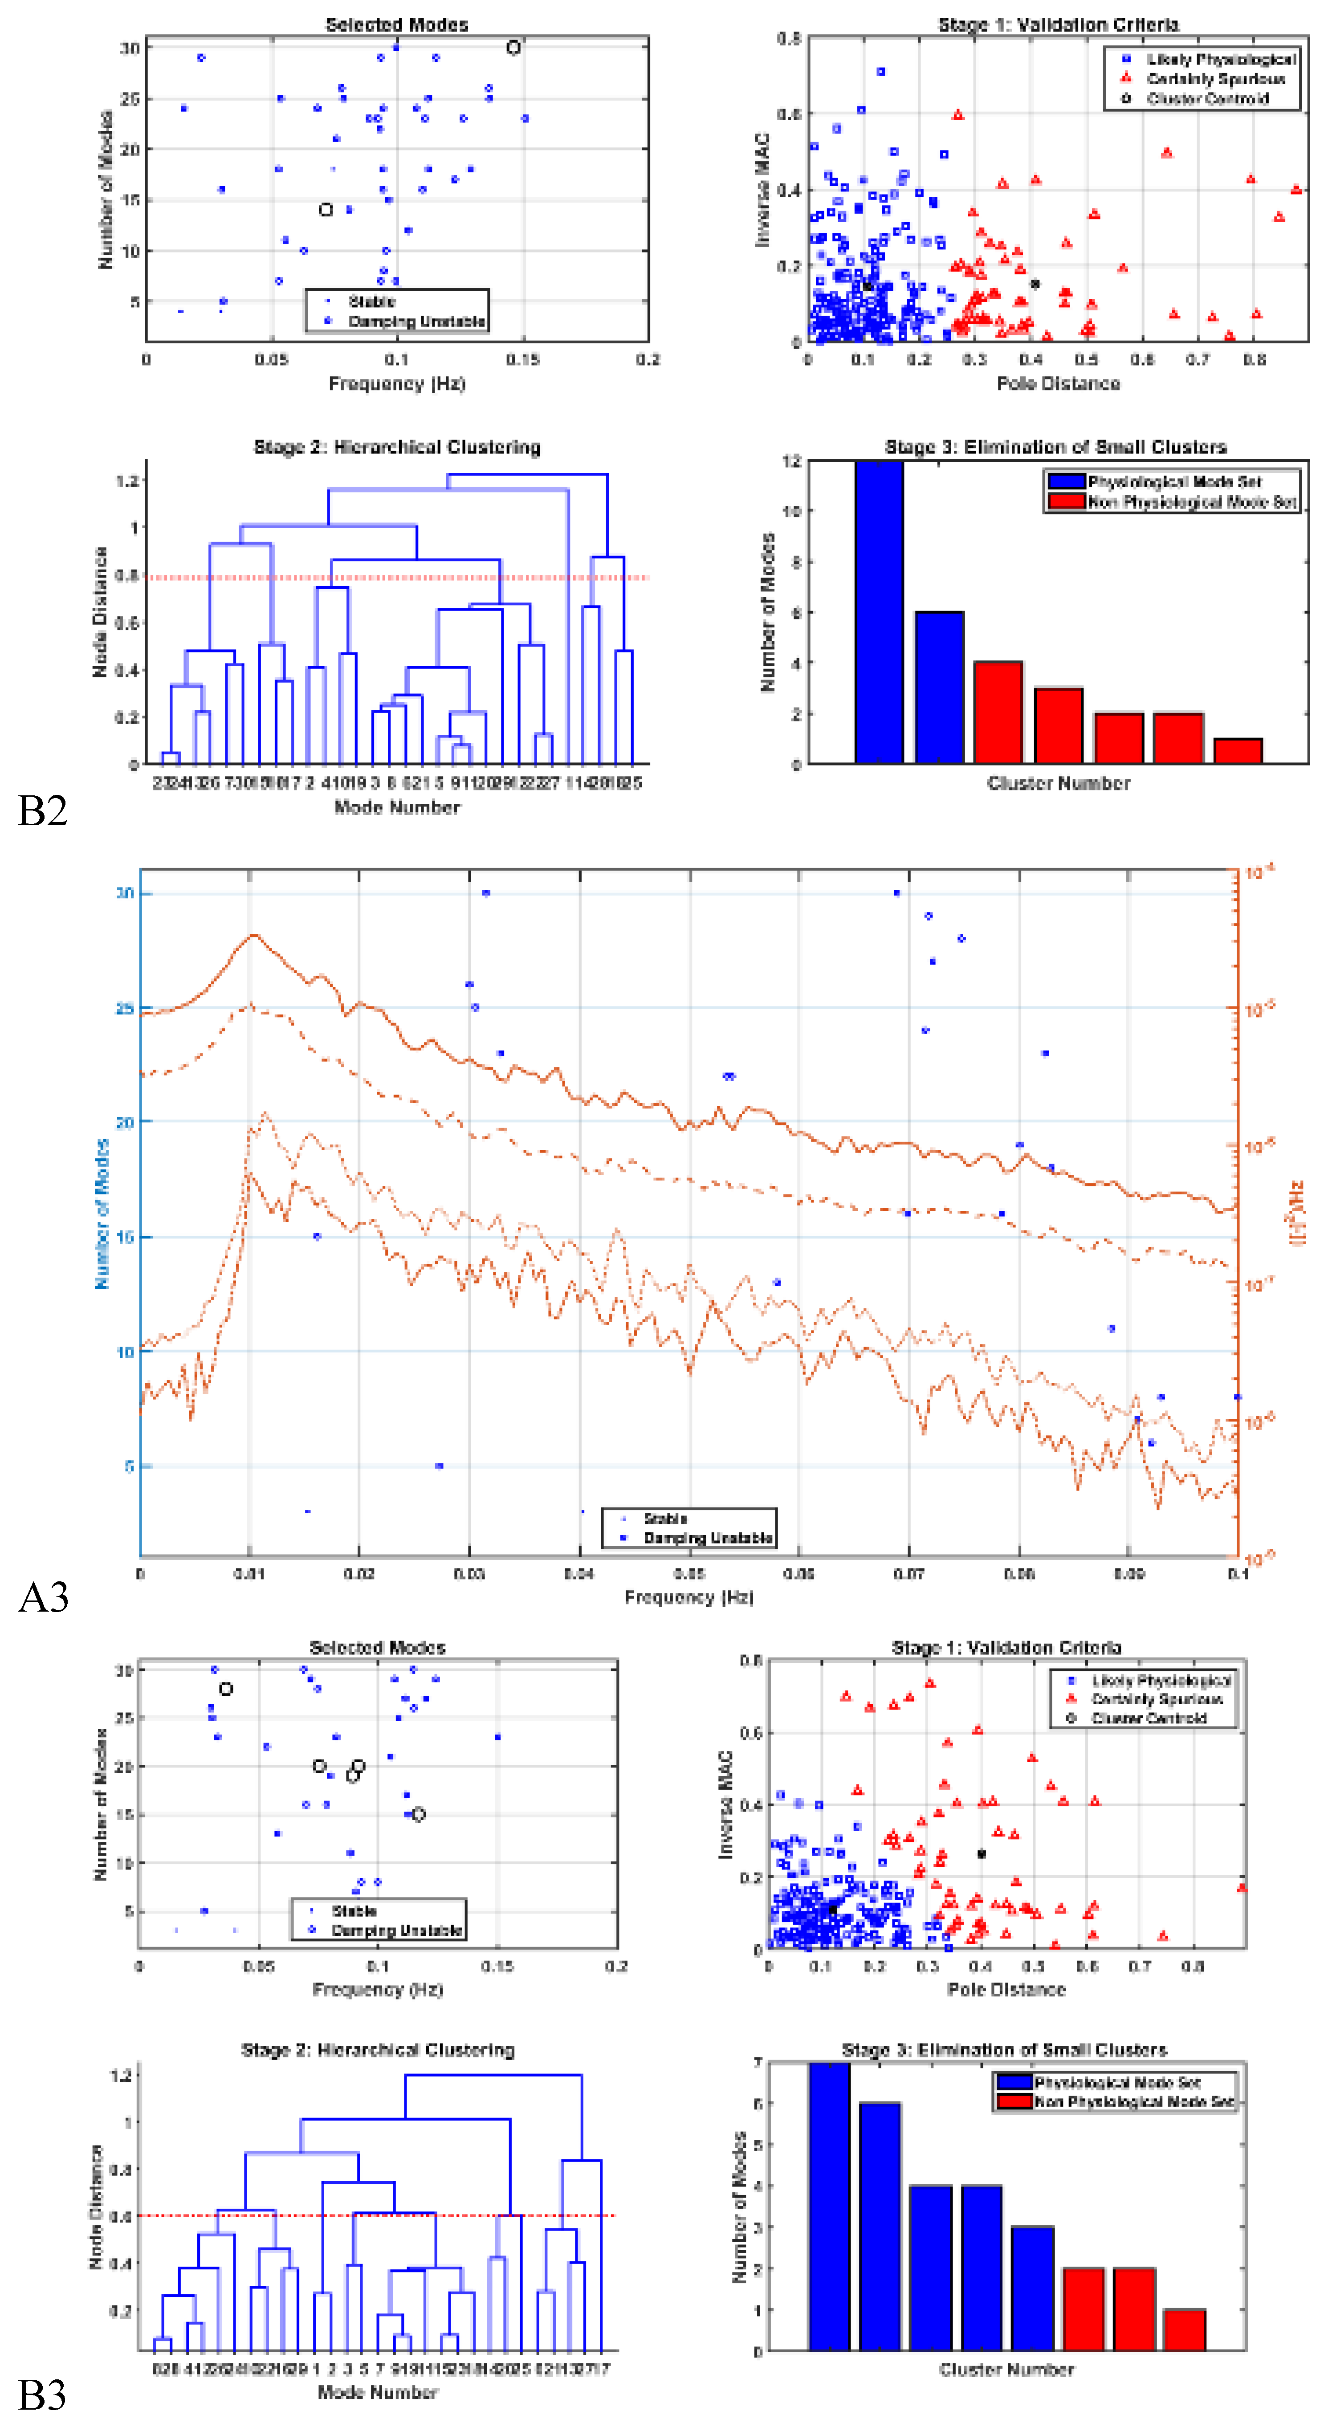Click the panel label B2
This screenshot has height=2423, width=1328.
click(x=42, y=811)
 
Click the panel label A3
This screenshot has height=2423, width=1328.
click(x=42, y=1597)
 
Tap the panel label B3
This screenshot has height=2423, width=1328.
click(x=42, y=2395)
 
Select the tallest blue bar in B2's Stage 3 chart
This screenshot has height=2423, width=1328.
click(x=879, y=611)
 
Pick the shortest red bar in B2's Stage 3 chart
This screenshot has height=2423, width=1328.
click(x=1238, y=751)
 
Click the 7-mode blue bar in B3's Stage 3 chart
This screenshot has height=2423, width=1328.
click(x=829, y=2206)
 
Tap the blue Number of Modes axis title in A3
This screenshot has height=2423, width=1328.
click(x=102, y=1214)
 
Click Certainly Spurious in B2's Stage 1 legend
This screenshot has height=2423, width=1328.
click(x=1215, y=79)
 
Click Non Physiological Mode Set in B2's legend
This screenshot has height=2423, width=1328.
click(x=1192, y=502)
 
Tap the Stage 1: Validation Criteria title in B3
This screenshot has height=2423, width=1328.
click(x=1006, y=1647)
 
